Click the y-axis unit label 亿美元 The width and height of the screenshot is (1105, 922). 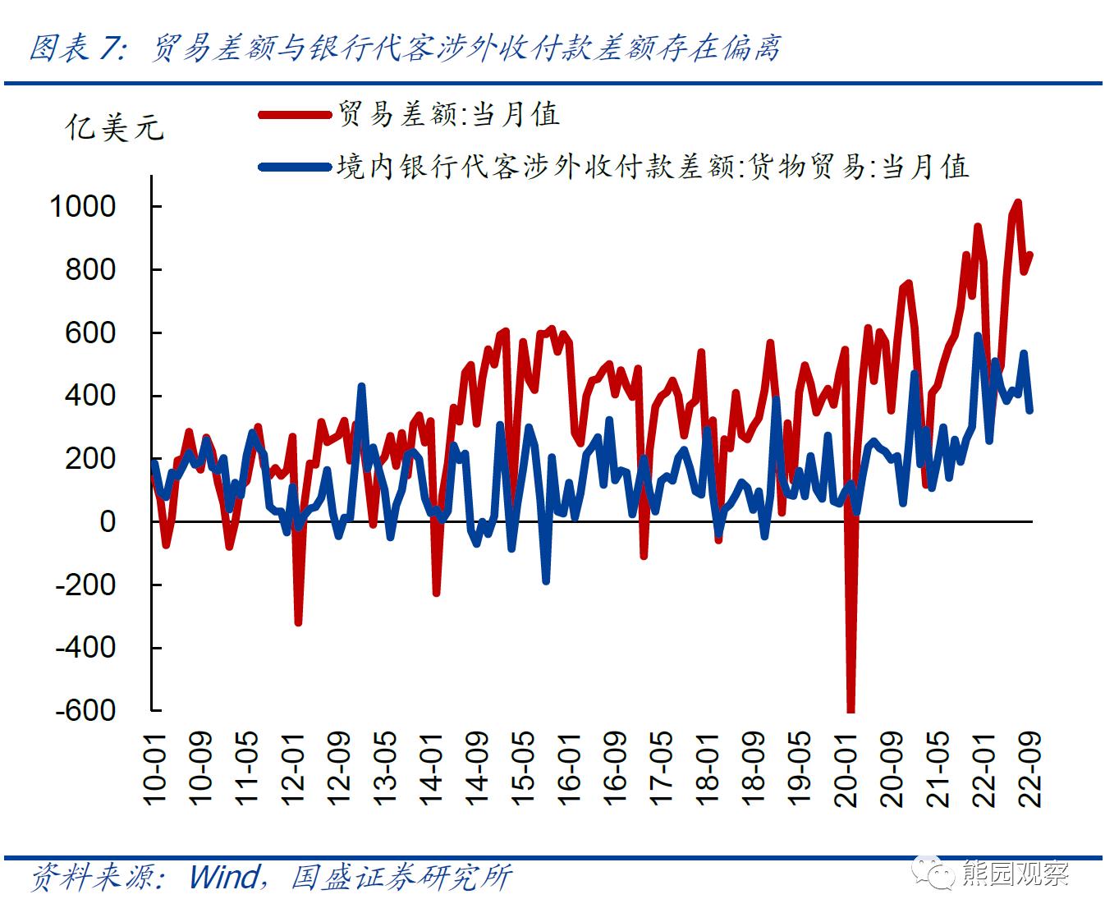click(x=114, y=128)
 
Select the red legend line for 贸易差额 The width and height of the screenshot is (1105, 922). click(x=294, y=115)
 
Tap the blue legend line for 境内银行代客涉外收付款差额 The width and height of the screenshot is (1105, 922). click(x=294, y=167)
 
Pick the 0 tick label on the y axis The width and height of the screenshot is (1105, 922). click(x=108, y=521)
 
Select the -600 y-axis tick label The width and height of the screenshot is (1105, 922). click(x=85, y=710)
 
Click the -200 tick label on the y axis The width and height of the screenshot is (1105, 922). click(x=85, y=585)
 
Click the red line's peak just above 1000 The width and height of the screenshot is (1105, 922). click(x=1018, y=202)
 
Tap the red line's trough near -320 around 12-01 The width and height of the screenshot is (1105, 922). click(x=298, y=623)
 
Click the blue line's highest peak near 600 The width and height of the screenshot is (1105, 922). click(x=978, y=335)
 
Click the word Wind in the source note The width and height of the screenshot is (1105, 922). click(x=224, y=876)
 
